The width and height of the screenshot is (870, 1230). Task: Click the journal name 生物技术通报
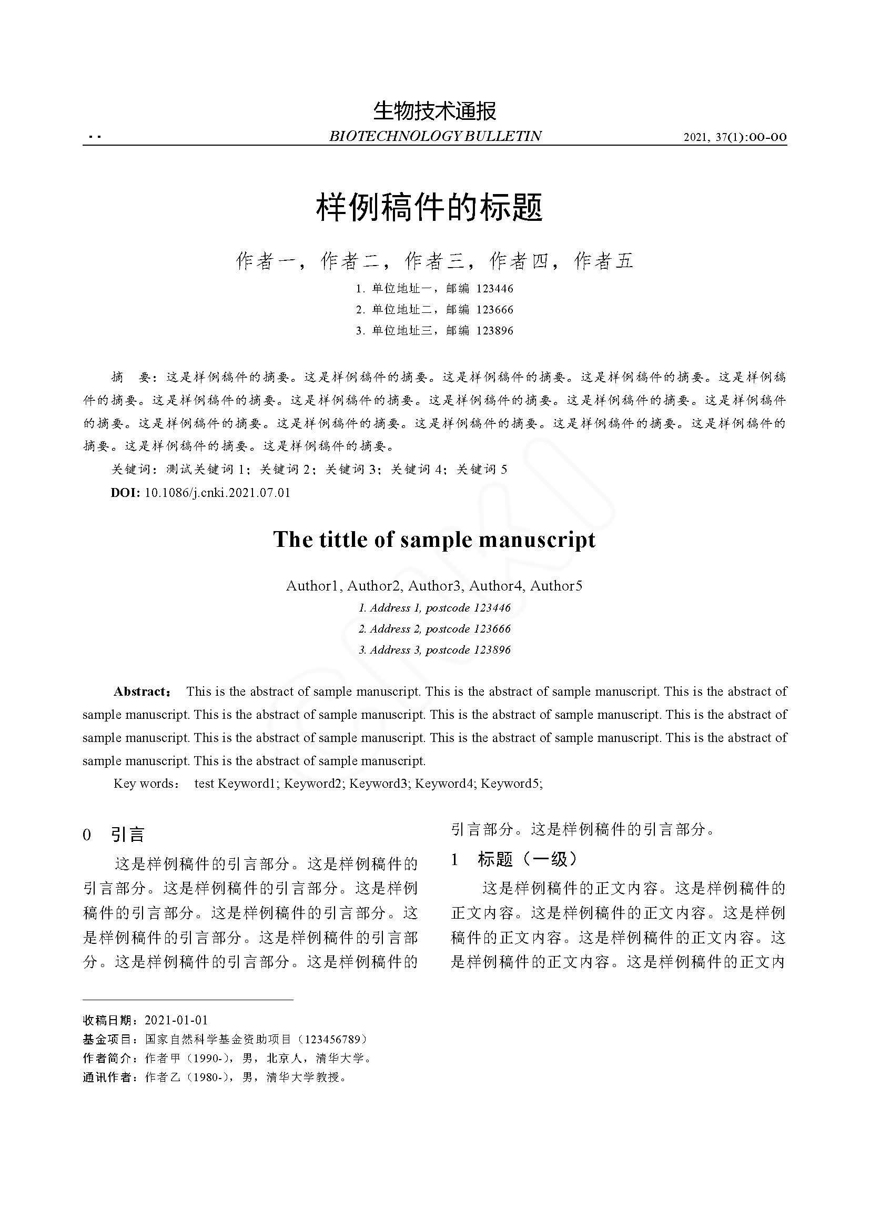pyautogui.click(x=434, y=111)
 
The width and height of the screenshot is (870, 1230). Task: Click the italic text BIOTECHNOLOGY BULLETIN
pyautogui.click(x=434, y=136)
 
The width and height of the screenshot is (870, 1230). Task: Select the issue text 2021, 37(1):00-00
pyautogui.click(x=735, y=137)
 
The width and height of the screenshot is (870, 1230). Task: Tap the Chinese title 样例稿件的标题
pyautogui.click(x=430, y=208)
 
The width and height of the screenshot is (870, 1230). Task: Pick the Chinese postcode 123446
pyautogui.click(x=494, y=289)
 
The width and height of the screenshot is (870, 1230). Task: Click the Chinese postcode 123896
pyautogui.click(x=494, y=331)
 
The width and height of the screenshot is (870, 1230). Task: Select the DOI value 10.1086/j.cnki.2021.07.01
pyautogui.click(x=218, y=492)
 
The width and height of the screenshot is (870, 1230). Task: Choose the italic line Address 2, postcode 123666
pyautogui.click(x=434, y=628)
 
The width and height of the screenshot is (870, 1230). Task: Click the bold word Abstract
pyautogui.click(x=141, y=691)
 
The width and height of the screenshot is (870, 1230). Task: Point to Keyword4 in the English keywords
pyautogui.click(x=446, y=783)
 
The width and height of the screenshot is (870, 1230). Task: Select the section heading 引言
pyautogui.click(x=127, y=834)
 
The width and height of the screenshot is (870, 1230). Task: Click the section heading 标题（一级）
pyautogui.click(x=528, y=859)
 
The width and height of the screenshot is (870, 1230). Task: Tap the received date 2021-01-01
pyautogui.click(x=176, y=1020)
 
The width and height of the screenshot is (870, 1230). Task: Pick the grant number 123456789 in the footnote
pyautogui.click(x=336, y=1039)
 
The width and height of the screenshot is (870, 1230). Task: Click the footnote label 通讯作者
pyautogui.click(x=107, y=1077)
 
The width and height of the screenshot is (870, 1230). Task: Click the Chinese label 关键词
pyautogui.click(x=131, y=469)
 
